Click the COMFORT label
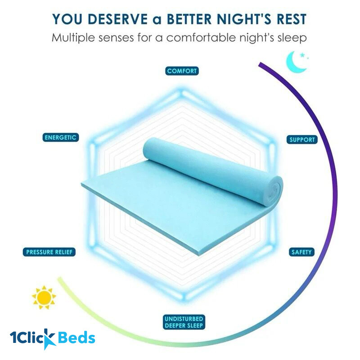(182, 71)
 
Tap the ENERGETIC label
(61, 137)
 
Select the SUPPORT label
(302, 139)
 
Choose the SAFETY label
(301, 252)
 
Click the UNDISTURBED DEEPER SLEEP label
(184, 322)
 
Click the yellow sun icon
(44, 297)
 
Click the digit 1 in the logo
(14, 338)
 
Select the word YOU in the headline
(66, 19)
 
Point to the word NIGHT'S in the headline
(246, 19)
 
